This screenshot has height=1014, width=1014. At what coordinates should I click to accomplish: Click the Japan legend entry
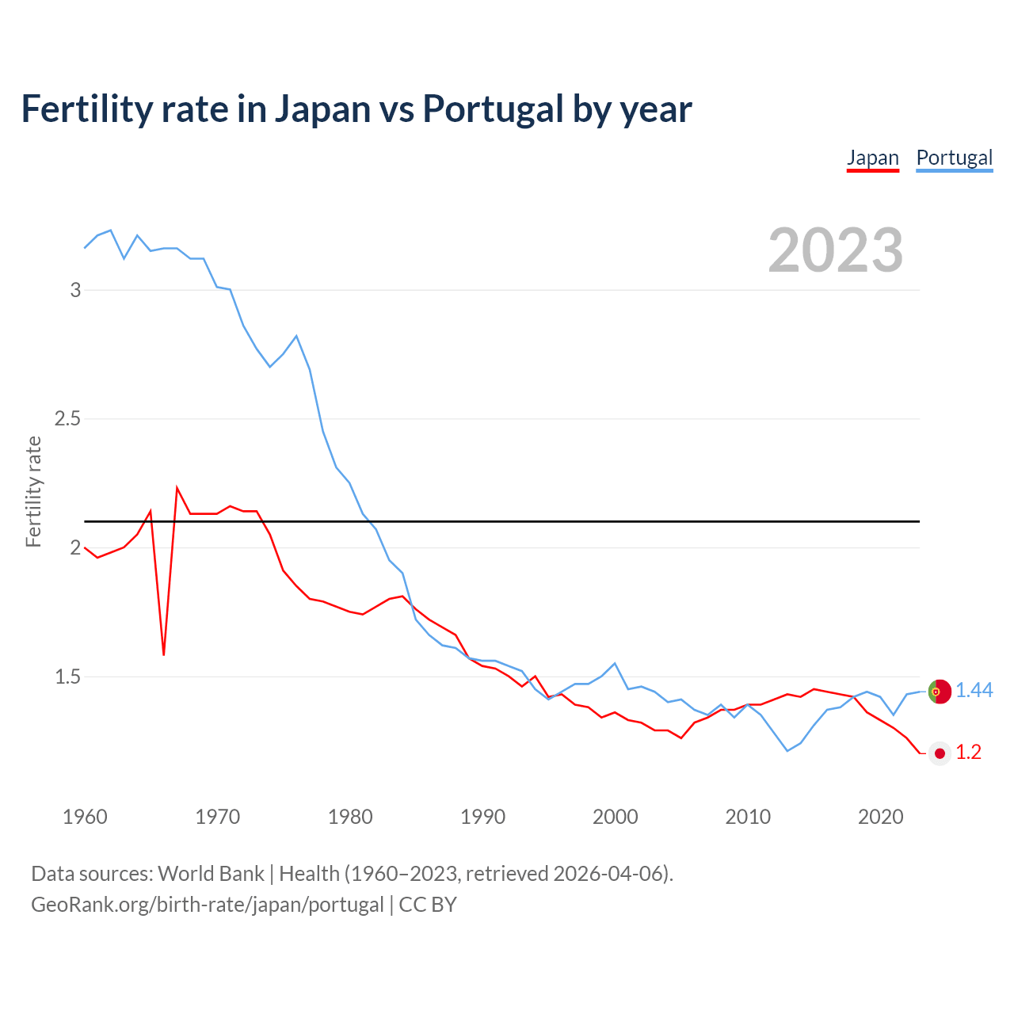coord(872,158)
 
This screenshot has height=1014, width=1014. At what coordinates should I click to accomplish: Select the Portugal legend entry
coord(954,158)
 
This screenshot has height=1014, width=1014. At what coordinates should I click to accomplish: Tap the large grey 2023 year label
coord(835,250)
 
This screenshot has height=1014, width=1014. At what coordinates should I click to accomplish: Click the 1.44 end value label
coord(974,691)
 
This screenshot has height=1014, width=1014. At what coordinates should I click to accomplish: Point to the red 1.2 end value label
coord(968,753)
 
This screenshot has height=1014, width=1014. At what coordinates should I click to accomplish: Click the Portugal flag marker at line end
coord(940,692)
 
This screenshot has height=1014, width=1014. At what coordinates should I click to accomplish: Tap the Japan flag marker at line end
coord(940,753)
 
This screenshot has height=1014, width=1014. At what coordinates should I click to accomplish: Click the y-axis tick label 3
coord(76,290)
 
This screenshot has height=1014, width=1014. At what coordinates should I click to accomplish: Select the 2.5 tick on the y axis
coord(68,419)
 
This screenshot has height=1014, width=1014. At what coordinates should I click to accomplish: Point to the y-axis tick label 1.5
coord(68,677)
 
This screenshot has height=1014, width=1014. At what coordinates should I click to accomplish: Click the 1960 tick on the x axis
coord(85,817)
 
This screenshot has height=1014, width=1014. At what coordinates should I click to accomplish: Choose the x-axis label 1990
coord(482,817)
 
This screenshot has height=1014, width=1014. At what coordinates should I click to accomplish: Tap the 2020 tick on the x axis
coord(880,817)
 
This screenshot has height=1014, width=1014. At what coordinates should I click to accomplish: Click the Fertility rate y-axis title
coord(33,491)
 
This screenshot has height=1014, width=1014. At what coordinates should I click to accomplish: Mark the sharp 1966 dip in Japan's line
coord(164,654)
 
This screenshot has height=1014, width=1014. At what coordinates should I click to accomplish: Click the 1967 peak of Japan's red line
coord(177,488)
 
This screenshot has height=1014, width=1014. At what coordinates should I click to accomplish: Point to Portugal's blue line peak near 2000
coord(615,664)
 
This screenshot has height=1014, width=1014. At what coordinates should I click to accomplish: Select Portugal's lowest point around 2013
coord(787,750)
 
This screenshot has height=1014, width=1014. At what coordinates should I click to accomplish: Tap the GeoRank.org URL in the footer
coord(207,905)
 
